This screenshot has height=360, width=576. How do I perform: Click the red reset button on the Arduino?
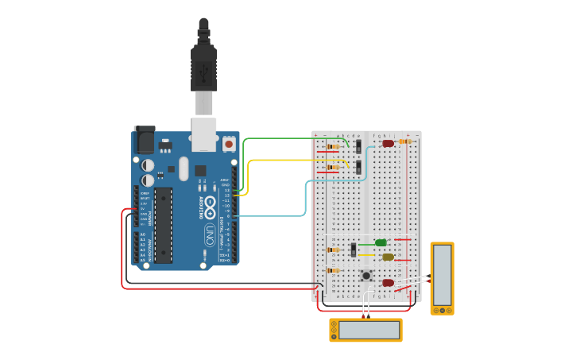click(229, 145)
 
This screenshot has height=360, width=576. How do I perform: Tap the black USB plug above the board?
click(203, 68)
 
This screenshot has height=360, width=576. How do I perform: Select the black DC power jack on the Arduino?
click(144, 140)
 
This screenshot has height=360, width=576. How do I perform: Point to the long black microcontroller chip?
click(163, 225)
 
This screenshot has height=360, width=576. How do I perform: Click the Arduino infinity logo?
click(210, 207)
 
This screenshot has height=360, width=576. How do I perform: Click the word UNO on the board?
click(210, 234)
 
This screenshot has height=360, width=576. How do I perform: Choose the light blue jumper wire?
click(306, 199)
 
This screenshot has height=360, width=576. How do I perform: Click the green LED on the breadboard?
click(381, 242)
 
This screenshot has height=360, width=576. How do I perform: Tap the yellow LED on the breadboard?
click(388, 257)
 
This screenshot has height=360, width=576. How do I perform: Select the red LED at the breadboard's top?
click(388, 144)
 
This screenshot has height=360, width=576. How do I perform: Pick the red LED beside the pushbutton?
click(388, 282)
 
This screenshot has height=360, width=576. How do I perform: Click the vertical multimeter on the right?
click(443, 277)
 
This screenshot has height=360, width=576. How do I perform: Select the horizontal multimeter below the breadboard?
click(366, 330)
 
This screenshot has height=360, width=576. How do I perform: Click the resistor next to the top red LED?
click(405, 141)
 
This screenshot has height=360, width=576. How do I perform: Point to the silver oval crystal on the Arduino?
click(184, 168)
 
